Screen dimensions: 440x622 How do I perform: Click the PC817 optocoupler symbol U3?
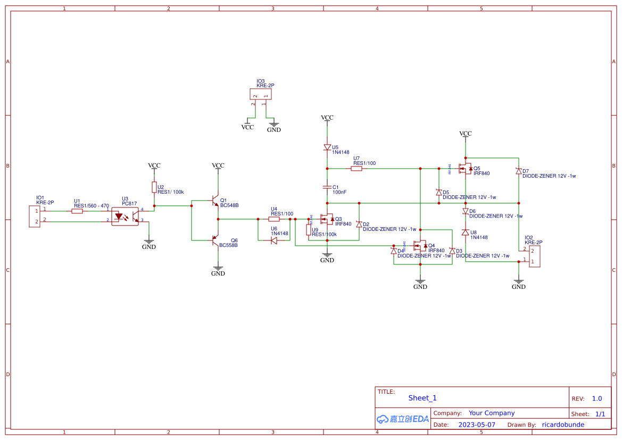tap(125, 216)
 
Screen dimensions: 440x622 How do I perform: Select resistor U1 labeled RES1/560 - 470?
tap(77, 211)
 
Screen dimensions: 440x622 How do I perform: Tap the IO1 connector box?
tap(35, 216)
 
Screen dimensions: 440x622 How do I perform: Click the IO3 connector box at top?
tap(260, 94)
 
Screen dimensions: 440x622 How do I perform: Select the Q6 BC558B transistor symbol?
tap(215, 241)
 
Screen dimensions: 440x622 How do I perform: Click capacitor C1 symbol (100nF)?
tap(327, 187)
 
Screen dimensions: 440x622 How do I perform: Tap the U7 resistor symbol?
tap(356, 169)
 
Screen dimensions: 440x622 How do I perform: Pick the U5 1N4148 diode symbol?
tap(327, 147)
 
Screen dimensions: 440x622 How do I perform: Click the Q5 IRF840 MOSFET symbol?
tap(466, 169)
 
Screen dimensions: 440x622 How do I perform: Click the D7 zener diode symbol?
tap(519, 171)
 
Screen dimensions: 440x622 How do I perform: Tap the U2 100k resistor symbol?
tap(154, 187)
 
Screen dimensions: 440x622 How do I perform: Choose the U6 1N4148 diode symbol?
tap(273, 240)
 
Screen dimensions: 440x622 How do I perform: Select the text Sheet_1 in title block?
tap(422, 398)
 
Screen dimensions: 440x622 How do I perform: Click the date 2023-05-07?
tap(477, 425)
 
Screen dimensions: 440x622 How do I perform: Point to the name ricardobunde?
tap(563, 425)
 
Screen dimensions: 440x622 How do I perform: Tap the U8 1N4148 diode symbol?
tap(466, 233)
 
